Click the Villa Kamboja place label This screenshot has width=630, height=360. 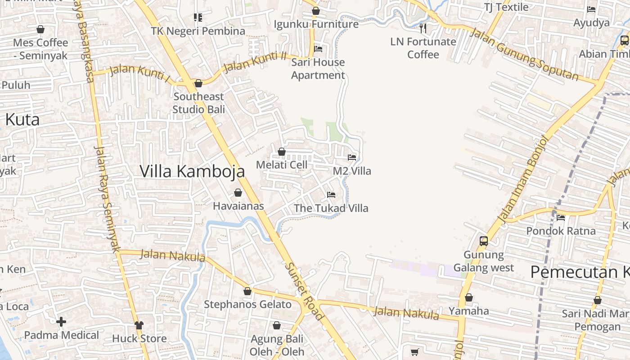click(x=192, y=171)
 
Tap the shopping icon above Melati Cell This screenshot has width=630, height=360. click(x=282, y=152)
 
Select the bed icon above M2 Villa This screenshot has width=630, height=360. click(x=352, y=157)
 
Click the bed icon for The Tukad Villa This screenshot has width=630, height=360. click(x=331, y=195)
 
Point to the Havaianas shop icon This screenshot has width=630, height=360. click(x=238, y=193)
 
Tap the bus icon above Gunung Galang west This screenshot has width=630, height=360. click(x=484, y=241)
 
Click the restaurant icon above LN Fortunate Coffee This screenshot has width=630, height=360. click(x=423, y=28)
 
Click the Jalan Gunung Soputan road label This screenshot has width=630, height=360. click(x=524, y=54)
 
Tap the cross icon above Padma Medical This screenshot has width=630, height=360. click(x=61, y=322)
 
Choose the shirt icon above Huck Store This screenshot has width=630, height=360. click(x=139, y=325)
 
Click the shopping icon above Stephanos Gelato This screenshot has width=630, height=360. click(x=247, y=291)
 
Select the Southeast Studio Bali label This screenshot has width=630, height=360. click(x=198, y=103)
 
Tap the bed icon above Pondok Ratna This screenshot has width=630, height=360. click(x=561, y=218)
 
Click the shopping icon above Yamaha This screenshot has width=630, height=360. click(x=469, y=297)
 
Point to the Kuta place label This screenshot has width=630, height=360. click(x=22, y=120)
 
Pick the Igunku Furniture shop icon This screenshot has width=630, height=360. click(x=316, y=11)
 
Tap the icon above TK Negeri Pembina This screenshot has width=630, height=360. click(x=198, y=18)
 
